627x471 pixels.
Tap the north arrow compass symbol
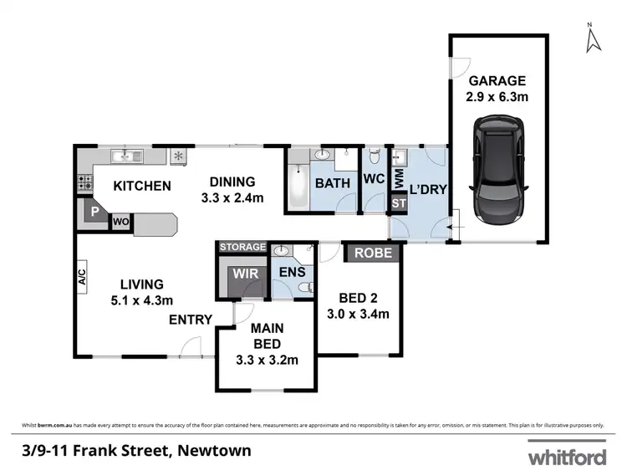tap(592, 38)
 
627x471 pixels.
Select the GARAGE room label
tap(497, 81)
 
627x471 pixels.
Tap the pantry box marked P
tap(95, 213)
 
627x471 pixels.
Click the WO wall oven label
tap(120, 222)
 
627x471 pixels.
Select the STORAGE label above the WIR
tap(242, 247)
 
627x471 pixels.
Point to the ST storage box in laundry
tap(399, 202)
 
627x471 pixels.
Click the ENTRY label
tap(191, 320)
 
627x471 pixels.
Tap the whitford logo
tap(566, 457)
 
